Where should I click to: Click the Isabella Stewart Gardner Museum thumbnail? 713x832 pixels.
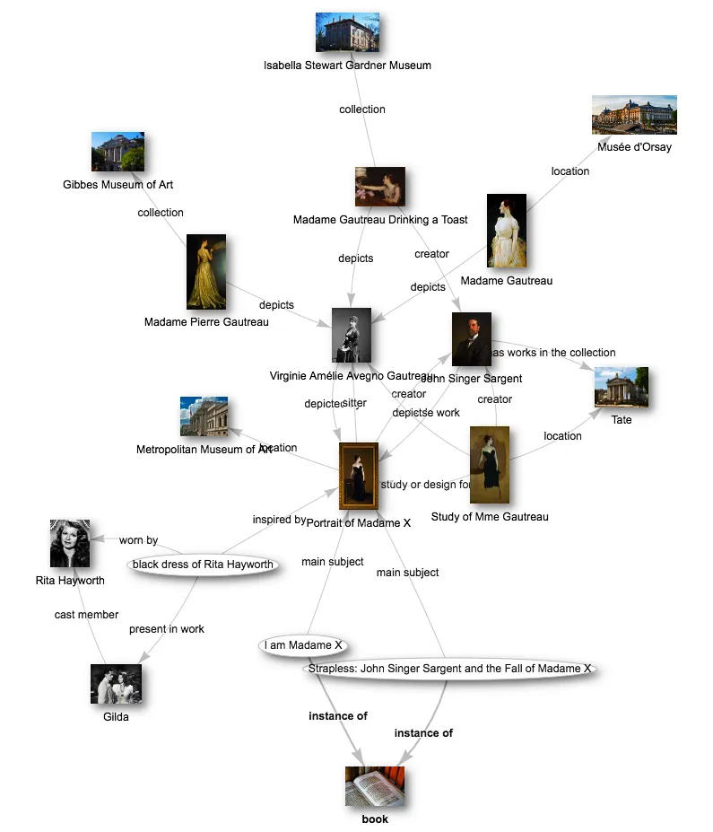(347, 32)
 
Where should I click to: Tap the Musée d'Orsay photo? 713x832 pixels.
(634, 115)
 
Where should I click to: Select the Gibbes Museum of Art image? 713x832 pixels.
(117, 152)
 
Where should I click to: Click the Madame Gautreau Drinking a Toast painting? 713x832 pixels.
(379, 187)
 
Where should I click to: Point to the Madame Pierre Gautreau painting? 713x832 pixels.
(206, 272)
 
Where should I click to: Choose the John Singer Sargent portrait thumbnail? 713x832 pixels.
(471, 339)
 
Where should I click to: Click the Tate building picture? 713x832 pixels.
(621, 388)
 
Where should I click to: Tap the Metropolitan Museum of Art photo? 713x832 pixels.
(204, 416)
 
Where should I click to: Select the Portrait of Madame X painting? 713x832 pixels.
(359, 477)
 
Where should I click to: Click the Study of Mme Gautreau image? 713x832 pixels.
(489, 465)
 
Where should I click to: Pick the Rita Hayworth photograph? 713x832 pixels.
(70, 544)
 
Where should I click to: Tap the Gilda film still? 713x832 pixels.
(116, 684)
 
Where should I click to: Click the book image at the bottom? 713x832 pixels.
(375, 786)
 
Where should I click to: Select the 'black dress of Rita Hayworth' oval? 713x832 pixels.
(202, 565)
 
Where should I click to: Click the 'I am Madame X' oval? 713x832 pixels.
(303, 645)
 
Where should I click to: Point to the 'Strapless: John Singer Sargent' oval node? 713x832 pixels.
(449, 669)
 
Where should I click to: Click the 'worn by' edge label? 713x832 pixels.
(138, 540)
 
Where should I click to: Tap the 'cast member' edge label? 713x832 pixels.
(86, 615)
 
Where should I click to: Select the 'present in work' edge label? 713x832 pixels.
(166, 629)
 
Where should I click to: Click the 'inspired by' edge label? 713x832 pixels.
(278, 520)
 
